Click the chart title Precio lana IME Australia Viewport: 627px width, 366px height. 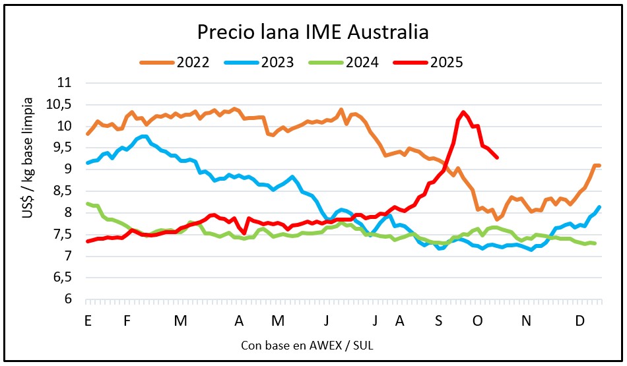(313, 32)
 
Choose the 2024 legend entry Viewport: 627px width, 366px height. (362, 63)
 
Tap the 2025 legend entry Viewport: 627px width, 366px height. (446, 63)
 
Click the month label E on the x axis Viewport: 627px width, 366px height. (87, 320)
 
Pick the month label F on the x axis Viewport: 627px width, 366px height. (127, 320)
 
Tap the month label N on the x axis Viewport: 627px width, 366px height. (527, 320)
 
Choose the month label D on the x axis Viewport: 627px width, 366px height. (579, 320)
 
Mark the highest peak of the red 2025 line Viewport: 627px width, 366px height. (463, 112)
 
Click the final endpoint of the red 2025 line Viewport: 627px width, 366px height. (497, 158)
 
